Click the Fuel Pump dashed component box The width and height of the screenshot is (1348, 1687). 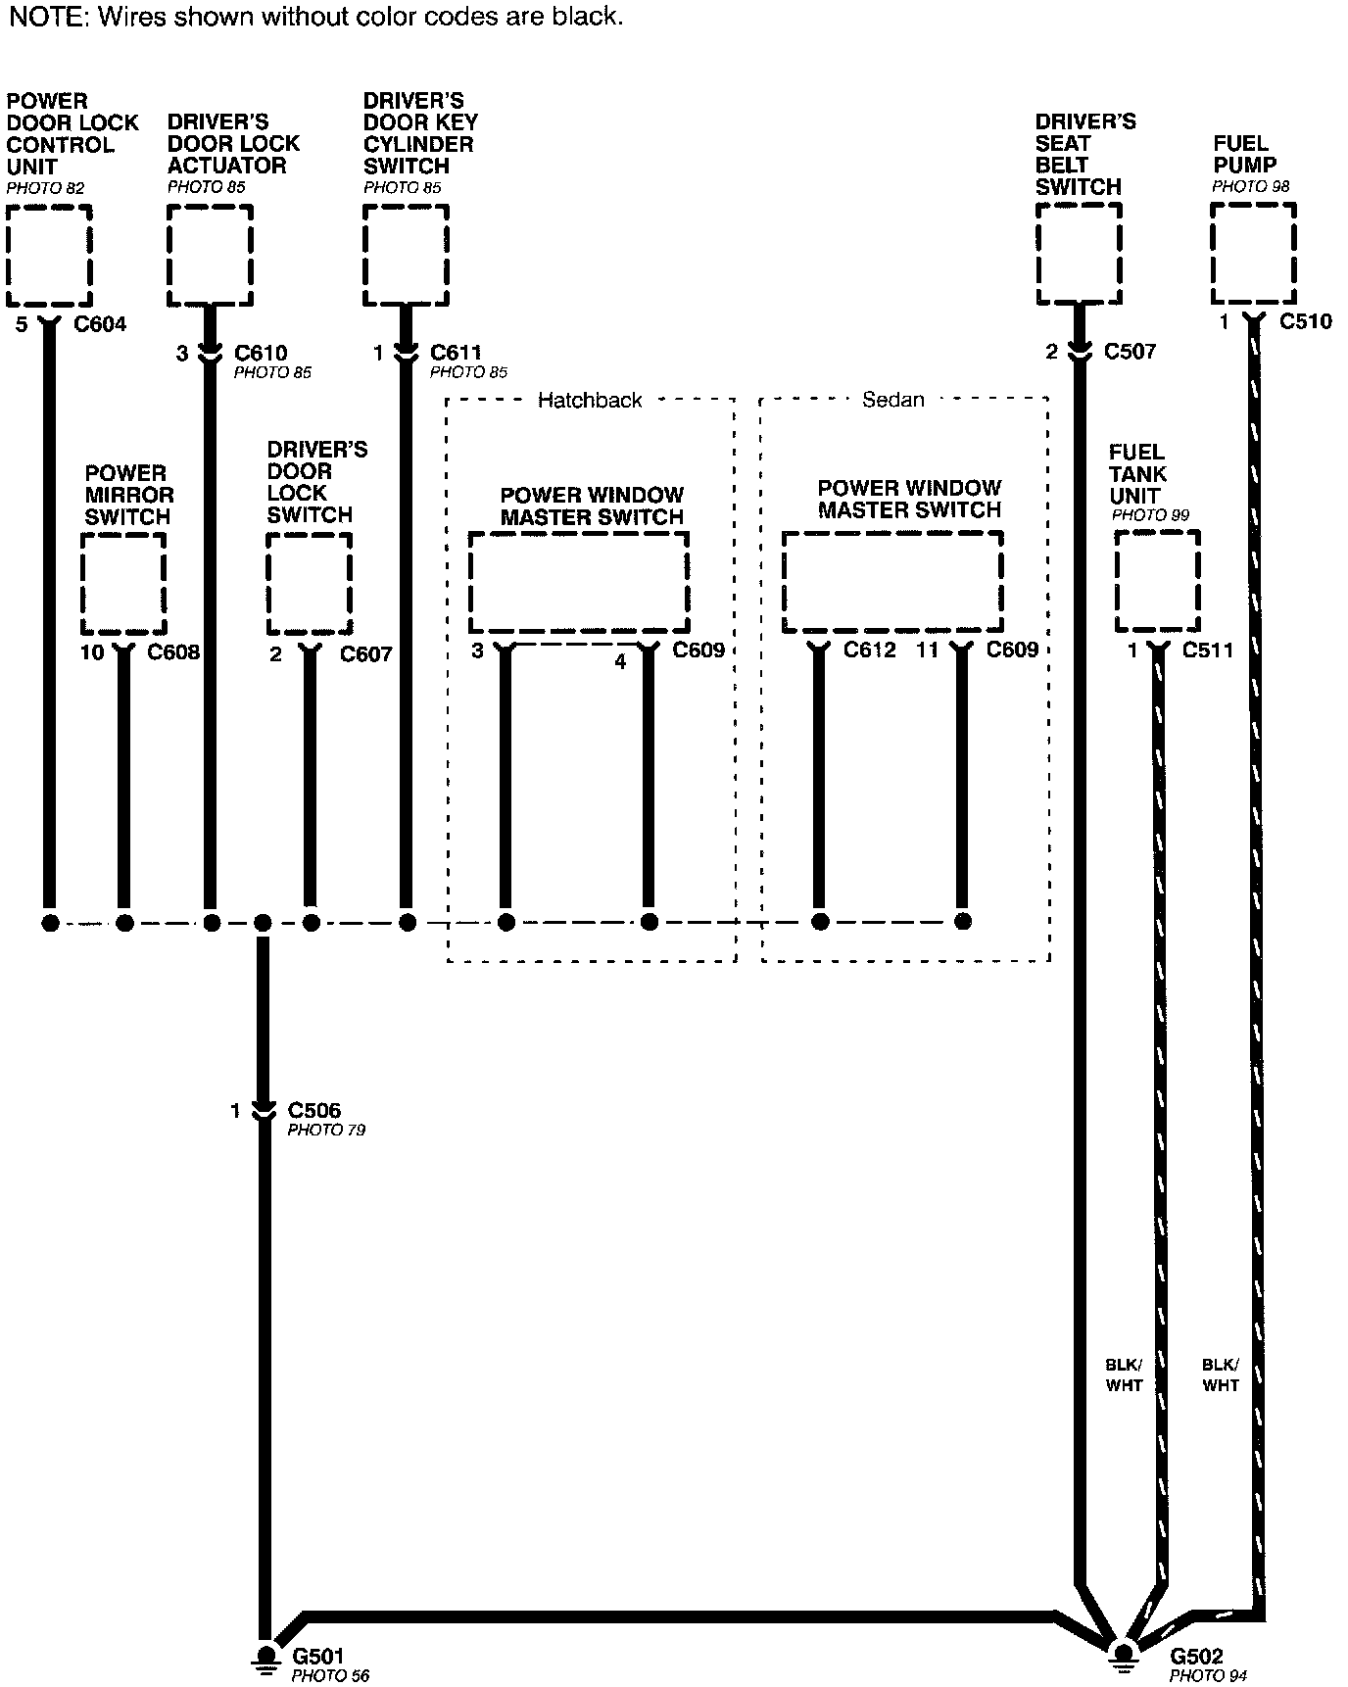[1253, 254]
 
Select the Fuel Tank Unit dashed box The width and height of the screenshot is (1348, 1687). [1157, 582]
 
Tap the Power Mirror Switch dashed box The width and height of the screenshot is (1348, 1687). [123, 584]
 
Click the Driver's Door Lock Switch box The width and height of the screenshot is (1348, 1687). [310, 584]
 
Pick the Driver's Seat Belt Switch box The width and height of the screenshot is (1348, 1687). [1079, 255]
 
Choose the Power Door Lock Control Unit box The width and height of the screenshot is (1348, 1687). [49, 256]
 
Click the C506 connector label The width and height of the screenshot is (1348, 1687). [313, 1110]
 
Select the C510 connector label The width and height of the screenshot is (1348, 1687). [1306, 321]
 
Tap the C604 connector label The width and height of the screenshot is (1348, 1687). [100, 324]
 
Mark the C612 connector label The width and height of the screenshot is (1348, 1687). [870, 650]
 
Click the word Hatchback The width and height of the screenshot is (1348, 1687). [590, 400]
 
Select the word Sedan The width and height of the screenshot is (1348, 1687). [892, 400]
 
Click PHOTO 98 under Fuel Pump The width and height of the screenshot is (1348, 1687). [1250, 186]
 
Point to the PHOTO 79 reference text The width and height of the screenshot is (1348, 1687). [326, 1131]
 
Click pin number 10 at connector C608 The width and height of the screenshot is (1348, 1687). [92, 652]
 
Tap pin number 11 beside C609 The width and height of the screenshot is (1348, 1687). [928, 650]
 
